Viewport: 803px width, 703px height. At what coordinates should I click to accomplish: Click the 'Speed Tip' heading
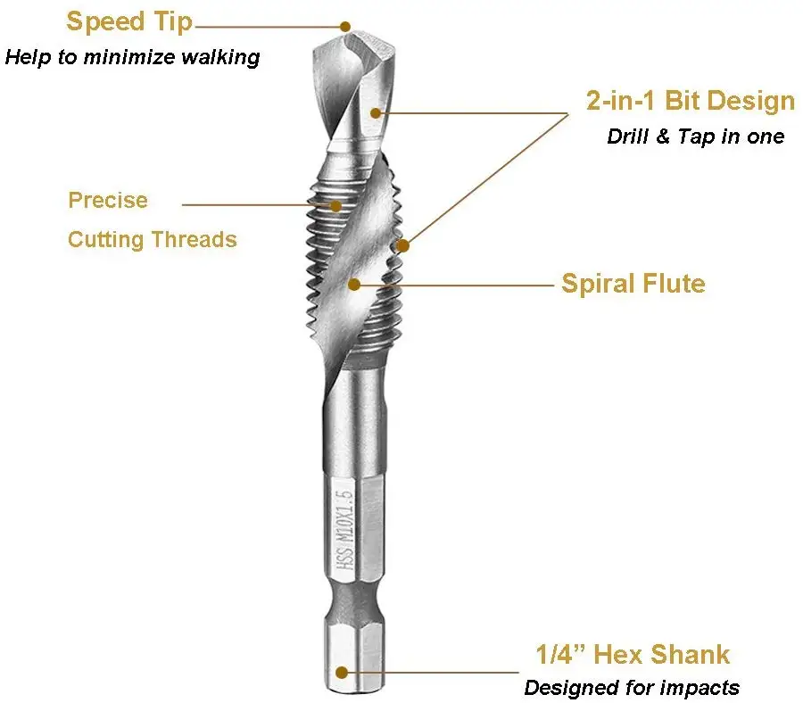pyautogui.click(x=129, y=21)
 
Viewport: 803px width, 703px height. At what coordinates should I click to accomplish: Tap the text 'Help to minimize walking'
pyautogui.click(x=133, y=58)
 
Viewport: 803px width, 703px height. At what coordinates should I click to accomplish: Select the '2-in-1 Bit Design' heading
pyautogui.click(x=690, y=101)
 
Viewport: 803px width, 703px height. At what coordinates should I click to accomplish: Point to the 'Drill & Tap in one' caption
pyautogui.click(x=696, y=136)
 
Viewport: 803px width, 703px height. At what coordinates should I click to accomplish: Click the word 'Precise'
pyautogui.click(x=108, y=200)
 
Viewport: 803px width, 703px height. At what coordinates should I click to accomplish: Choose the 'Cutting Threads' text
pyautogui.click(x=153, y=239)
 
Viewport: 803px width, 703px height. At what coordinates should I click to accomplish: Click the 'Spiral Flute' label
pyautogui.click(x=633, y=284)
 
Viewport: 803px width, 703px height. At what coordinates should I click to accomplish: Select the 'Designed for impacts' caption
pyautogui.click(x=632, y=687)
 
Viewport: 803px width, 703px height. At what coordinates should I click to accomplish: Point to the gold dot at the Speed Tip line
pyautogui.click(x=345, y=28)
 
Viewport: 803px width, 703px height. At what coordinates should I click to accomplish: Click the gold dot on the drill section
pyautogui.click(x=377, y=112)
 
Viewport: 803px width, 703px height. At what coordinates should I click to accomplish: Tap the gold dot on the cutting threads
pyautogui.click(x=336, y=206)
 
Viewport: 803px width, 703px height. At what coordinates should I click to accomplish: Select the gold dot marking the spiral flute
pyautogui.click(x=354, y=285)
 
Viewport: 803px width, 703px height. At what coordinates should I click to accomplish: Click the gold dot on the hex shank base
pyautogui.click(x=341, y=672)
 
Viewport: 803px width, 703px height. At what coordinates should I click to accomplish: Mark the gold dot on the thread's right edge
pyautogui.click(x=402, y=245)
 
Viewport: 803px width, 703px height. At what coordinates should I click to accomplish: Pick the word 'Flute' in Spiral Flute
pyautogui.click(x=672, y=284)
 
